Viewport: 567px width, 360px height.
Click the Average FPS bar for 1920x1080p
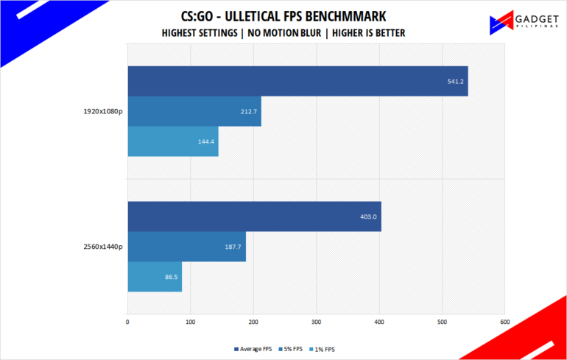click(x=297, y=81)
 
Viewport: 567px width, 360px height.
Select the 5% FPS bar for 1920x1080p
click(x=194, y=111)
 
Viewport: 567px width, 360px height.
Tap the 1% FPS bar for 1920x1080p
click(x=173, y=141)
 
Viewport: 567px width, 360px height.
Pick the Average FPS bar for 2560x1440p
click(x=254, y=216)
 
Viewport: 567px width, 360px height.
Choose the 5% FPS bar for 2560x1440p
click(x=186, y=247)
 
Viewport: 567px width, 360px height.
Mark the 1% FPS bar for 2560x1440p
click(x=155, y=277)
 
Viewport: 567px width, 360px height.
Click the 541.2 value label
click(x=455, y=81)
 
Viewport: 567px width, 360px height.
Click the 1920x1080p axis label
click(x=104, y=112)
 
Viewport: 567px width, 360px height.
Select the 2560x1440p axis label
click(x=104, y=247)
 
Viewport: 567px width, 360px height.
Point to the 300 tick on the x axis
click(x=317, y=322)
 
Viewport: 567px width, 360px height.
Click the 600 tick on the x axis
click(x=504, y=322)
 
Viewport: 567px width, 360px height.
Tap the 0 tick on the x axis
click(x=128, y=322)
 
